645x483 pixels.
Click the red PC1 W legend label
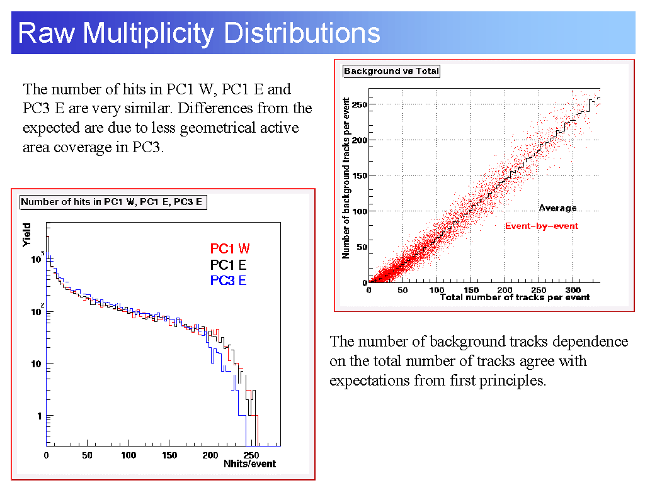point(230,249)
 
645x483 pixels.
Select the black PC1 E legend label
point(228,265)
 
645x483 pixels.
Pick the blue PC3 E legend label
point(228,280)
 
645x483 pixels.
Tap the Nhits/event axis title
point(249,464)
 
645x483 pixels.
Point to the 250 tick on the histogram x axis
point(250,455)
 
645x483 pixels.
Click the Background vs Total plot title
point(391,71)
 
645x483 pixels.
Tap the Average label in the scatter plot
point(557,208)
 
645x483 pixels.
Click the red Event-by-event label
point(541,226)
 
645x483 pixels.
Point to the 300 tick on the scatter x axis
point(572,289)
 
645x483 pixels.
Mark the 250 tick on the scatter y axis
point(360,104)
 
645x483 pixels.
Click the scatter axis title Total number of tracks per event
point(515,297)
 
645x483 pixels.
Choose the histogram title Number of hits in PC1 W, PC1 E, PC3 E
point(113,202)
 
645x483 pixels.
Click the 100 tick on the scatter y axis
point(360,211)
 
